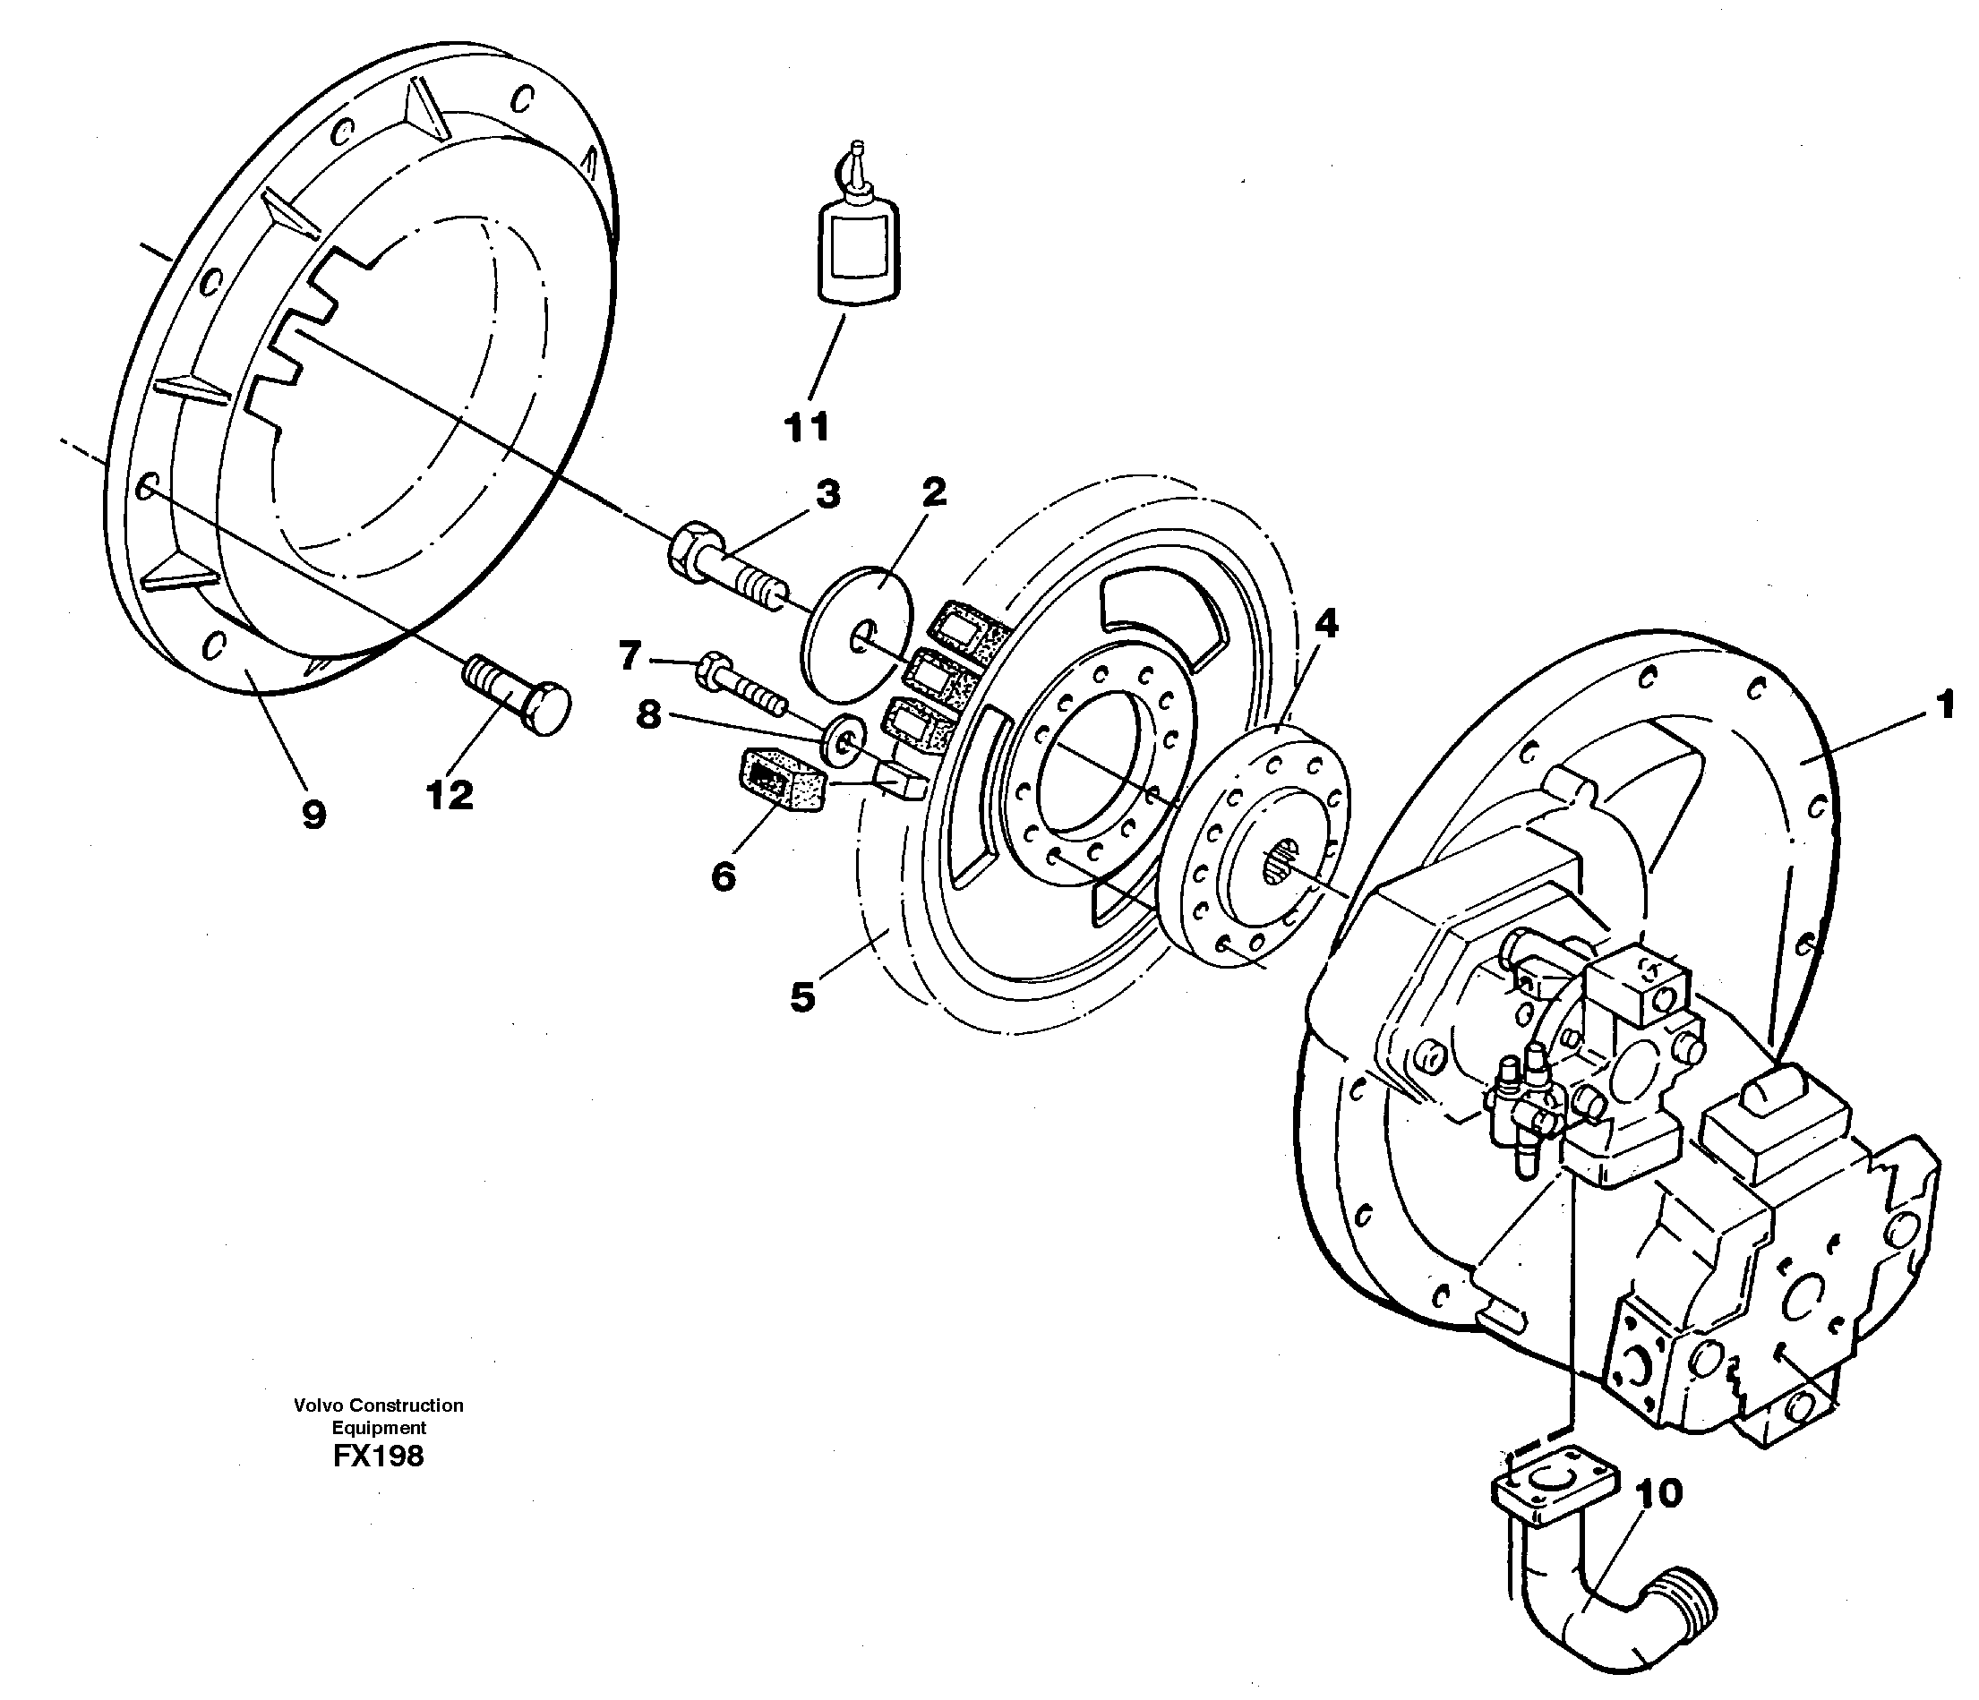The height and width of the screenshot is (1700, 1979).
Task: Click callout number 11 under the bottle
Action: click(807, 427)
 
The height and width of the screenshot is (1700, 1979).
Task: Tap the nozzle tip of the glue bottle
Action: click(857, 149)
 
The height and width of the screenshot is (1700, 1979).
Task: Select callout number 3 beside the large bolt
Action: click(827, 495)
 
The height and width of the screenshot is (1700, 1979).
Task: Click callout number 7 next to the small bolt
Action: click(629, 655)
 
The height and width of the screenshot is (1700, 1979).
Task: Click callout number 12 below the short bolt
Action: click(449, 795)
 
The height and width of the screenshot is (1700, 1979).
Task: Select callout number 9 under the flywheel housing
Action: click(313, 815)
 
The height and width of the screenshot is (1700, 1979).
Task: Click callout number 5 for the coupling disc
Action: click(802, 997)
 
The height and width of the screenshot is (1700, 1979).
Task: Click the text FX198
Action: click(378, 1456)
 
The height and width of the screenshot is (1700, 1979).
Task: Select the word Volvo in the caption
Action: click(318, 1405)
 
